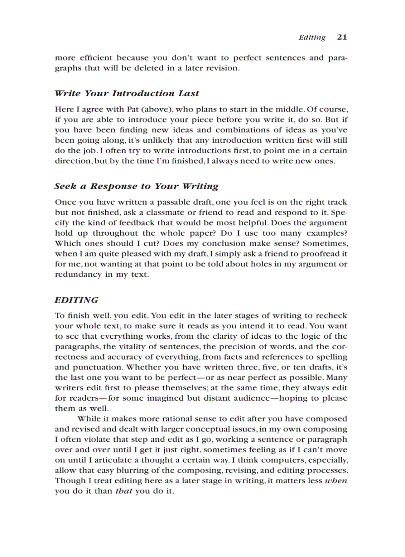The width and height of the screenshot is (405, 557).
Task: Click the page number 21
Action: tap(342, 37)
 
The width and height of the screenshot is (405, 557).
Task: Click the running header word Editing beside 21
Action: tap(312, 37)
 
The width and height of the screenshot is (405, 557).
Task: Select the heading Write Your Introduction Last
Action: tap(127, 93)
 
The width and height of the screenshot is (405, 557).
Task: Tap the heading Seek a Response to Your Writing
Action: tap(136, 186)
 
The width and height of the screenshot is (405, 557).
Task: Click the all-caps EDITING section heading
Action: tap(76, 300)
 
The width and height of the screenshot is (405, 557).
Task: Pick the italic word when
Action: tap(336, 481)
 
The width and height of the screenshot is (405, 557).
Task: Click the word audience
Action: tap(239, 398)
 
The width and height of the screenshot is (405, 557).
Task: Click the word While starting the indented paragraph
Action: tap(90, 419)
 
